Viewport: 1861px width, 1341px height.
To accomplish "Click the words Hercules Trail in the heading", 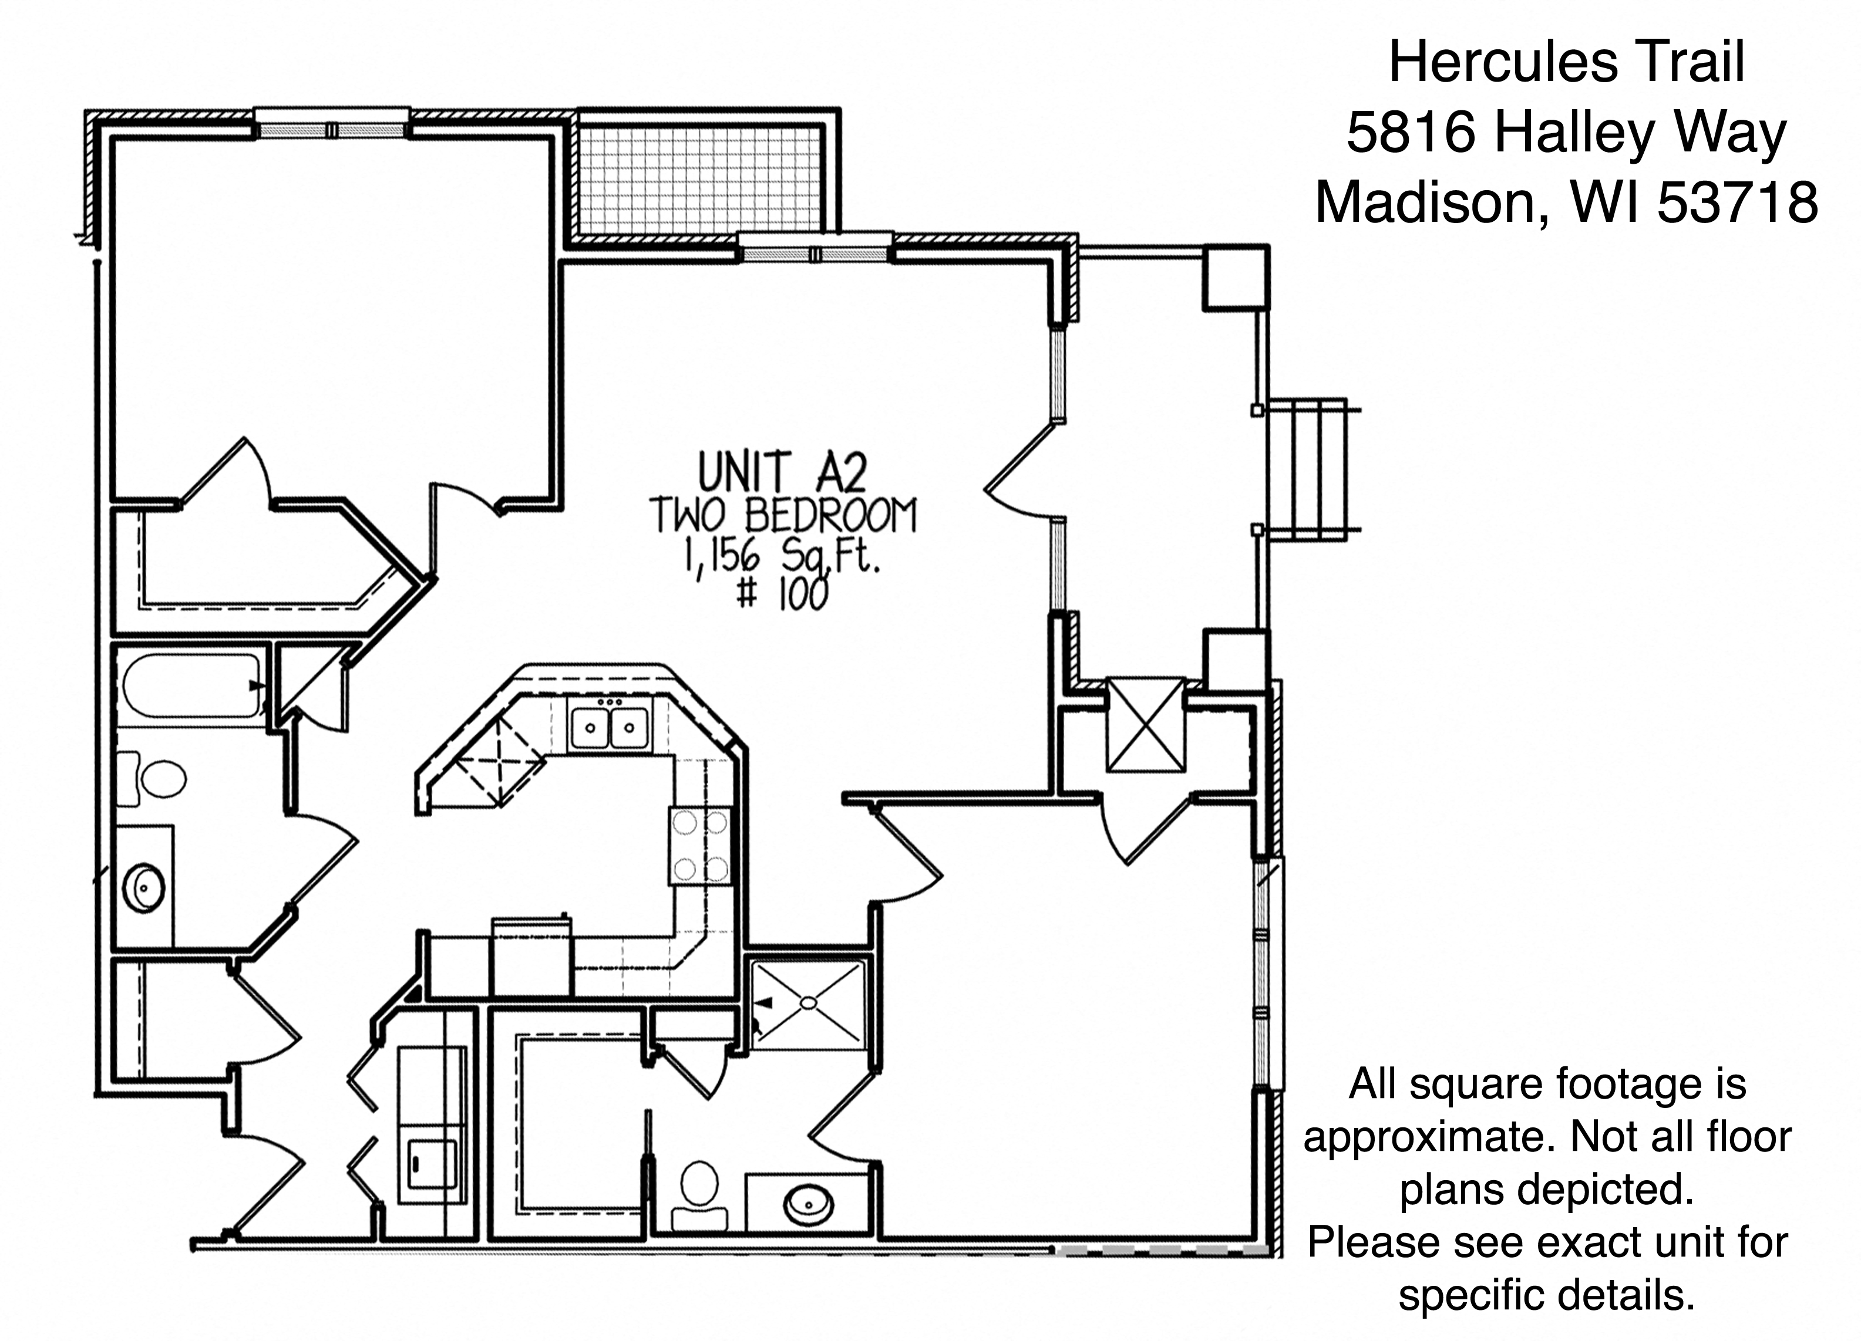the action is [x=1566, y=62].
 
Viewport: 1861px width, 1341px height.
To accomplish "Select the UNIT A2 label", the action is [x=782, y=473].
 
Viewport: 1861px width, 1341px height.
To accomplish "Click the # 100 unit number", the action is [x=783, y=595].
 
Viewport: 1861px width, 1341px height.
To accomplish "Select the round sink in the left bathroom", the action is [x=144, y=887].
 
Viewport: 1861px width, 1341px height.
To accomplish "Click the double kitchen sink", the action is [x=610, y=726].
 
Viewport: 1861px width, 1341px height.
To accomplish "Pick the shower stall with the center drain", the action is [x=808, y=1002].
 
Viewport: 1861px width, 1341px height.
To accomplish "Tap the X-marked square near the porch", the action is [x=1146, y=724].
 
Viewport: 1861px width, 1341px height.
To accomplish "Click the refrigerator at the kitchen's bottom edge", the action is [x=531, y=957].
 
